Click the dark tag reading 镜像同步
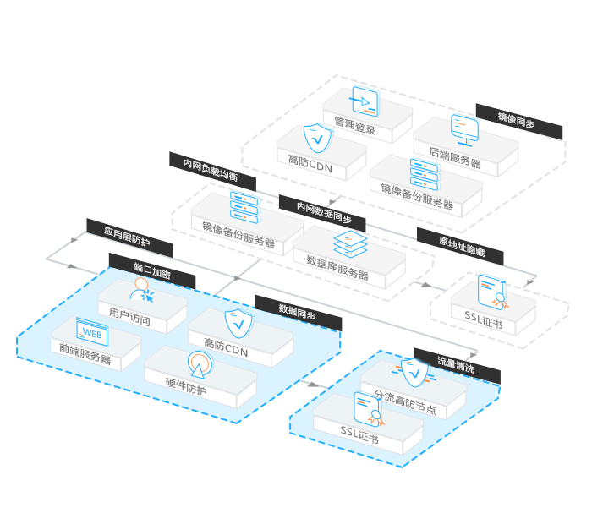(516, 121)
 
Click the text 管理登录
(354, 129)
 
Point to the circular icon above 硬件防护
(199, 363)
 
